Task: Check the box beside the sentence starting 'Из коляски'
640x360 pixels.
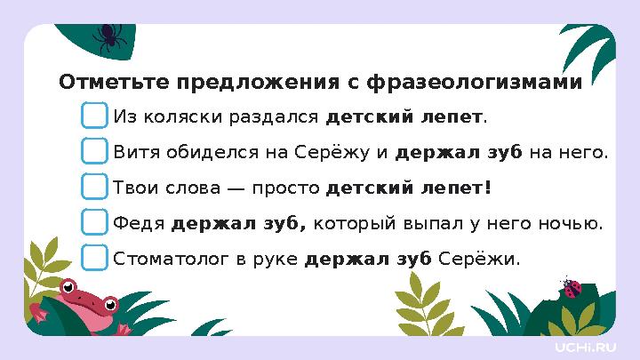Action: [x=95, y=116]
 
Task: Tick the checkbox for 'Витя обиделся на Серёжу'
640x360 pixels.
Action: [x=95, y=152]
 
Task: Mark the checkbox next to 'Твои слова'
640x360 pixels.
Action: [x=95, y=188]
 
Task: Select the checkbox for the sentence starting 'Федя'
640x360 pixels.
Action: [x=95, y=222]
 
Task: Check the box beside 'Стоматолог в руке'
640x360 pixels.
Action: [x=95, y=258]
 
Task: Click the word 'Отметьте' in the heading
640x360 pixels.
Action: [x=113, y=83]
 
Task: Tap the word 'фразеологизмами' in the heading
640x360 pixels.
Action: [x=475, y=83]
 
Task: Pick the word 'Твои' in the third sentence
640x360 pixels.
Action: [x=134, y=188]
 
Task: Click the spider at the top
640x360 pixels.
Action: [x=109, y=36]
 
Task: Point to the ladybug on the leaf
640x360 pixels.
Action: [x=572, y=287]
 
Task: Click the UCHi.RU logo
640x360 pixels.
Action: [x=584, y=346]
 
